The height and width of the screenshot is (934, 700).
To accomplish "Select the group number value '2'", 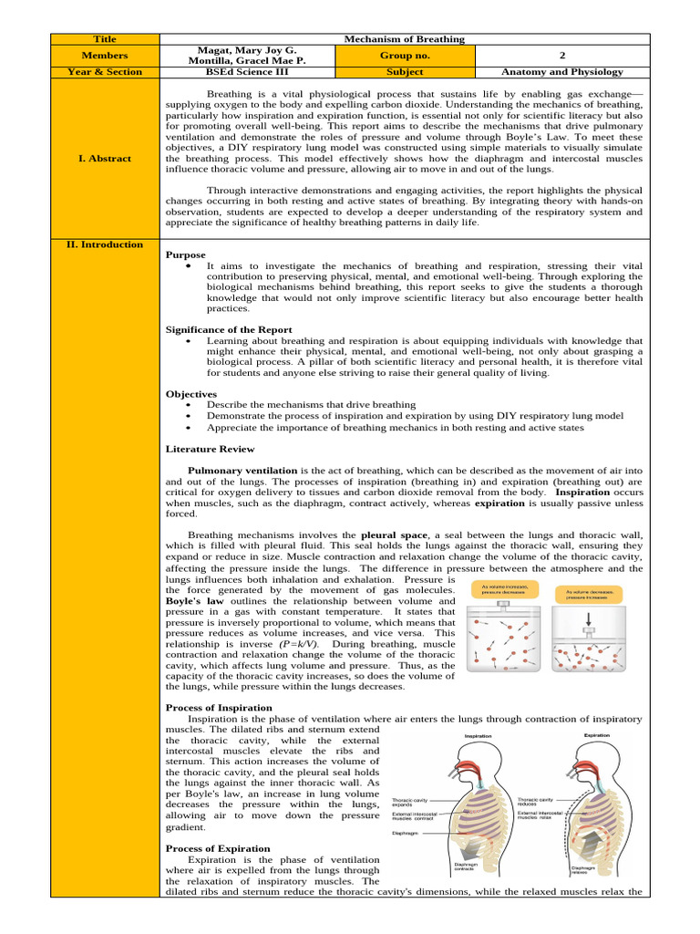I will coord(562,55).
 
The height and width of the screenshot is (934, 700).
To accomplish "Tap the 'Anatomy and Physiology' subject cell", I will coord(562,70).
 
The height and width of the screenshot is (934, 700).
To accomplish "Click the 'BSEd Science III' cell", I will coord(247,70).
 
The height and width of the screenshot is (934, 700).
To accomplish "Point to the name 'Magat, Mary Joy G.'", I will coord(247,49).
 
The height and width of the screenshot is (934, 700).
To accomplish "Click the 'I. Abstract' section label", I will coord(104,158).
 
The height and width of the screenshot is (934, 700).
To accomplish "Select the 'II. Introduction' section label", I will coord(104,244).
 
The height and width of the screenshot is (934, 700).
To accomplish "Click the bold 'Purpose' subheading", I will coord(185,255).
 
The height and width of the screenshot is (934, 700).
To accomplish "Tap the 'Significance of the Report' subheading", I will coord(229,329).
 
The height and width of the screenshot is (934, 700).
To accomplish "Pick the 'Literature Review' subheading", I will coord(210,449).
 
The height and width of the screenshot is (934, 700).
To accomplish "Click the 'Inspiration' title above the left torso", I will coord(479,735).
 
